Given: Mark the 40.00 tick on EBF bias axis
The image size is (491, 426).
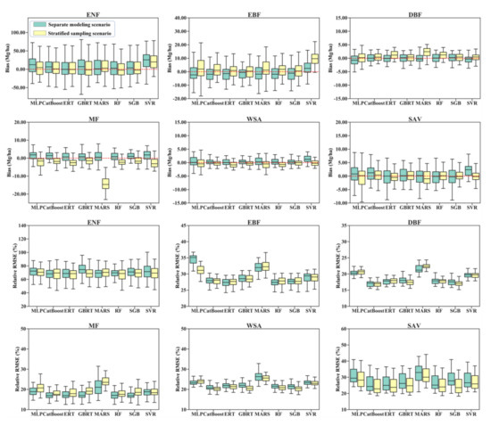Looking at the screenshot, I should [178, 18].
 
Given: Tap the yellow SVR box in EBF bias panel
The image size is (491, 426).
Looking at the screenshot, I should [314, 59].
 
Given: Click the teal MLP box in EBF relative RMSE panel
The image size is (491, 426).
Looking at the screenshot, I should [193, 259].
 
